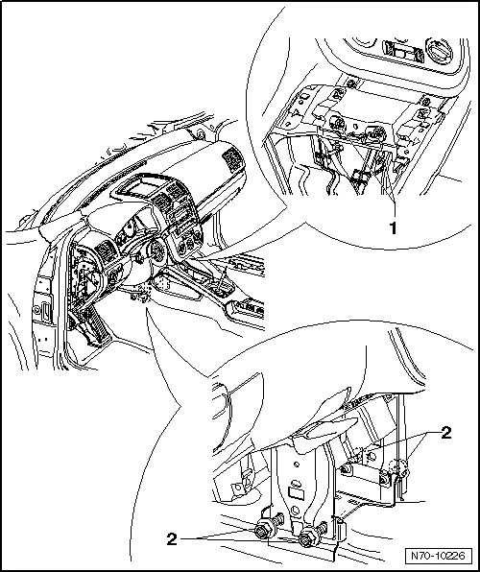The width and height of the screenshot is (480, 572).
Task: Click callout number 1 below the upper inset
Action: click(x=393, y=227)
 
